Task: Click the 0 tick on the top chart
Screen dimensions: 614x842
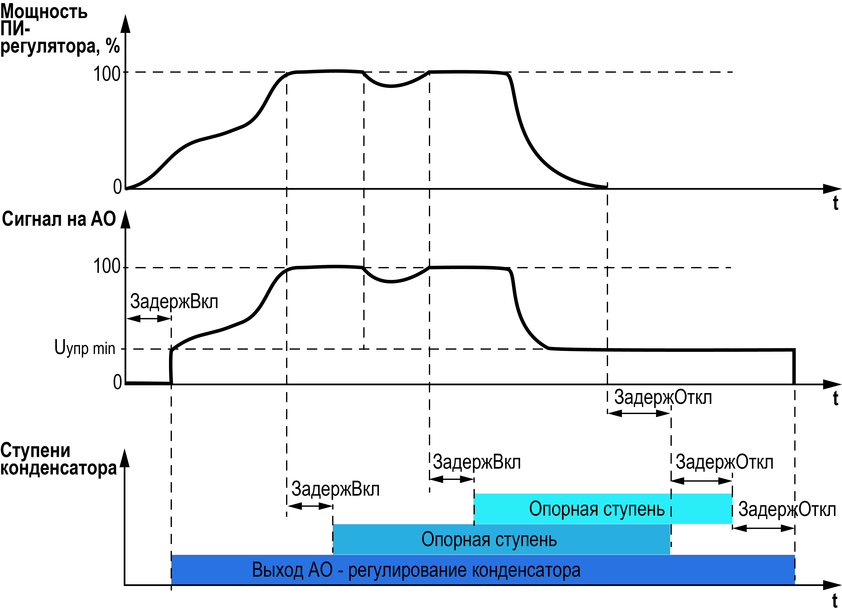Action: pyautogui.click(x=117, y=187)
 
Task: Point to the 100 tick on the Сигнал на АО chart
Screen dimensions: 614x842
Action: pyautogui.click(x=107, y=266)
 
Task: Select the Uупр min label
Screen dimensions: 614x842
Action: pyautogui.click(x=85, y=348)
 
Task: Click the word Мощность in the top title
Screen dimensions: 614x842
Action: pyautogui.click(x=44, y=12)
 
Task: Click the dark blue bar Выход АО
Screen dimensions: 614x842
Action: pyautogui.click(x=416, y=570)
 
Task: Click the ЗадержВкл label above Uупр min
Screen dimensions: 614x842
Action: pyautogui.click(x=174, y=301)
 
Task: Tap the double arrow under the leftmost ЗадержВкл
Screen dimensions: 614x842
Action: pyautogui.click(x=149, y=319)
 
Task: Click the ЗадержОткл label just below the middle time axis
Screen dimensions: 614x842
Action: pyautogui.click(x=663, y=397)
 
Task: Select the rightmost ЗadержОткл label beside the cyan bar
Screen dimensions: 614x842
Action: pyautogui.click(x=787, y=510)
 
